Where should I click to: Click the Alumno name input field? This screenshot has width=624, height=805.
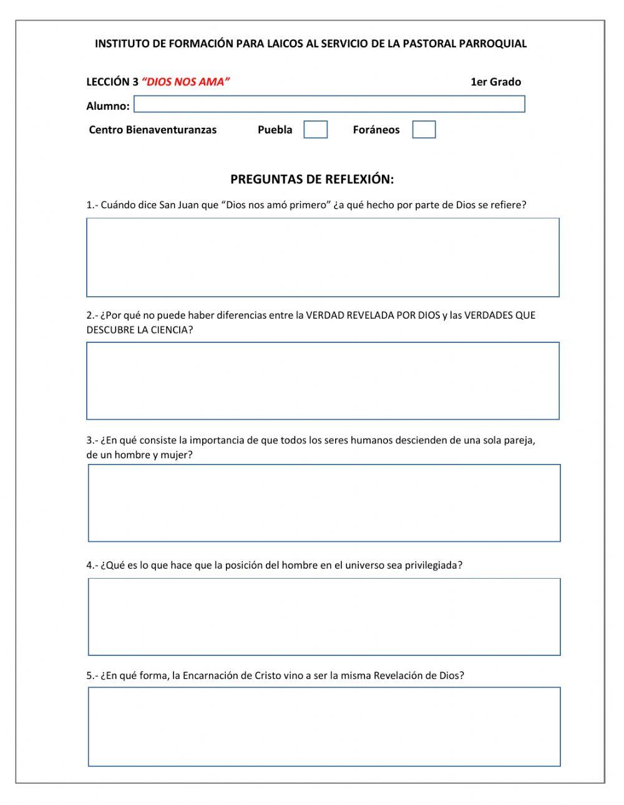coord(329,104)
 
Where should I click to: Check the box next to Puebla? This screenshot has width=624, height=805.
coord(315,130)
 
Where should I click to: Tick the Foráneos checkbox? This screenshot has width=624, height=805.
coord(424,130)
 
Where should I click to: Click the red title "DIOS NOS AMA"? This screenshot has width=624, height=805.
coord(186,82)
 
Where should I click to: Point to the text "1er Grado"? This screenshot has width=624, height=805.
coord(495,82)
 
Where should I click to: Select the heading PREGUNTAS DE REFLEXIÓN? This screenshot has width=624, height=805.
coord(312,180)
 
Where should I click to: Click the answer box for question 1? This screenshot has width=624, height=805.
coord(323,258)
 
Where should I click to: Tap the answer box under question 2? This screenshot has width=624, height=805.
coord(323,381)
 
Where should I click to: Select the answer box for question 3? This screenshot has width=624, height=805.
coord(324,503)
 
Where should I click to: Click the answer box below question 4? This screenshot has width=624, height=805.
coord(324,617)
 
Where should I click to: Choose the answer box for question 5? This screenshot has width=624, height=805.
coord(324,726)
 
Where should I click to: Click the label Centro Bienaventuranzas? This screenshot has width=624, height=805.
coord(153,130)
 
